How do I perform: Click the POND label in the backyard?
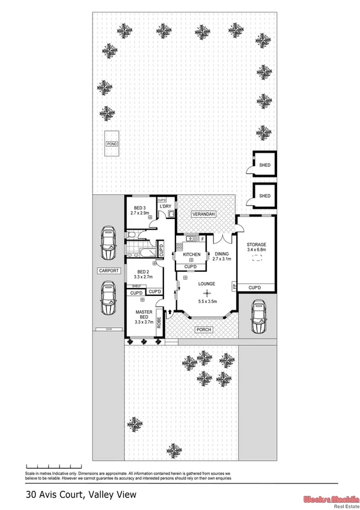click(x=111, y=144)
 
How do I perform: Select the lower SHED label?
click(x=264, y=195)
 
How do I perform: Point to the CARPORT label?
click(x=109, y=271)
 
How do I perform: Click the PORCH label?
click(x=203, y=330)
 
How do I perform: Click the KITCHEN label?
click(x=191, y=254)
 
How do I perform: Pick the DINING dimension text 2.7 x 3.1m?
click(x=222, y=260)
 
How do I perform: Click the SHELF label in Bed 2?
click(x=136, y=286)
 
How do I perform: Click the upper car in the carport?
click(x=109, y=239)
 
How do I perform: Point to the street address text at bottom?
click(x=81, y=495)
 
